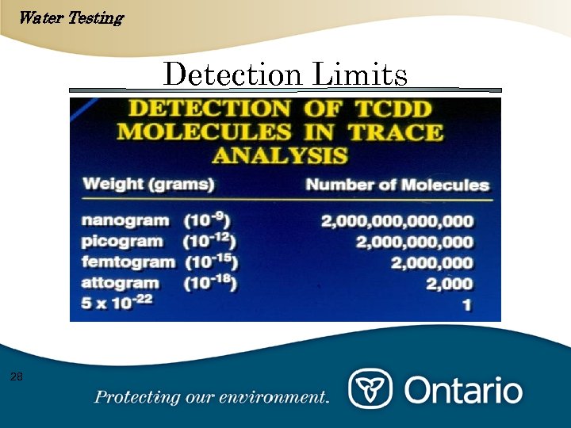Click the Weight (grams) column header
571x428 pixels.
click(149, 185)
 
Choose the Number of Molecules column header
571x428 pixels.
click(397, 185)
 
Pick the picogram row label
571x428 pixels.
click(124, 242)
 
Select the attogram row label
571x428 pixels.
click(121, 283)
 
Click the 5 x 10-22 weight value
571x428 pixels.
click(118, 303)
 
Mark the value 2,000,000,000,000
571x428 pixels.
click(397, 222)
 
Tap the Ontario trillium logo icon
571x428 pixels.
click(370, 389)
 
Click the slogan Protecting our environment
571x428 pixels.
click(211, 397)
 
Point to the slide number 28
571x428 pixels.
click(17, 376)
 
